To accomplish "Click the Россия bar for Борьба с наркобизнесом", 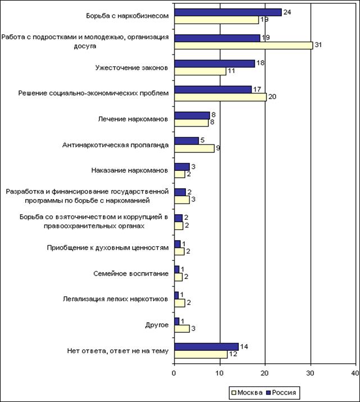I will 227,12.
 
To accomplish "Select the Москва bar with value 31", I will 243,46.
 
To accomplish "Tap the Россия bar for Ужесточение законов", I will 215,64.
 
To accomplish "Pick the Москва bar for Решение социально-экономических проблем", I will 220,97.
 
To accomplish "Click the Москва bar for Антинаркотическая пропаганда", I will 194,148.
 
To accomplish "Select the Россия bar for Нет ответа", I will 206,346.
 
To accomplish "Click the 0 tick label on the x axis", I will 174,372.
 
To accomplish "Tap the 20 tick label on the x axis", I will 265,372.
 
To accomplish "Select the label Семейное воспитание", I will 130,273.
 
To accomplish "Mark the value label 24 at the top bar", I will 288,11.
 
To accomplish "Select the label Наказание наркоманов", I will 129,170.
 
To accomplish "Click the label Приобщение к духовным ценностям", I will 107,247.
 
